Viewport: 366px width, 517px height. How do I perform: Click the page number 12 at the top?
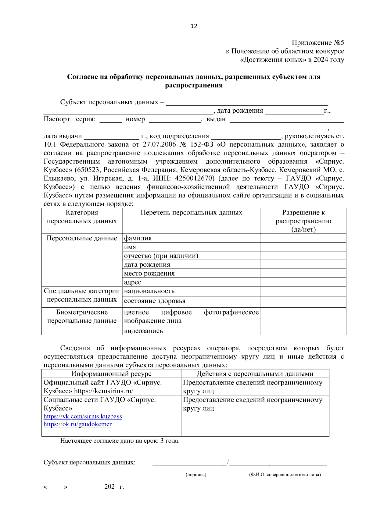pyautogui.click(x=194, y=26)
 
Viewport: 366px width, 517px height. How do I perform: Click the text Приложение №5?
pyautogui.click(x=318, y=43)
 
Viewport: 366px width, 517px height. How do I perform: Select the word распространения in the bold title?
pyautogui.click(x=194, y=85)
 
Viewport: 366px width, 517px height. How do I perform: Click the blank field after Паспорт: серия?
pyautogui.click(x=110, y=120)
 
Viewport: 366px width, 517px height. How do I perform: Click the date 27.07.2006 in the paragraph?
pyautogui.click(x=159, y=144)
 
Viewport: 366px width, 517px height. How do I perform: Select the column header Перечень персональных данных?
pyautogui.click(x=191, y=213)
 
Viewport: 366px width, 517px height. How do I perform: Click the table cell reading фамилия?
pyautogui.click(x=138, y=238)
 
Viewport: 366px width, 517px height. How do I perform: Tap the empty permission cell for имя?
pyautogui.click(x=303, y=247)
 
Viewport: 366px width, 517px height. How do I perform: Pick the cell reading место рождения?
pyautogui.click(x=149, y=273)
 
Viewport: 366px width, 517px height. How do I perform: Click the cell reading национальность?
pyautogui.click(x=149, y=291)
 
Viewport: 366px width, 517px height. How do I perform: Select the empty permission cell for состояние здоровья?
pyautogui.click(x=303, y=302)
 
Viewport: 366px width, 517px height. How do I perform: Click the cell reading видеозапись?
pyautogui.click(x=143, y=331)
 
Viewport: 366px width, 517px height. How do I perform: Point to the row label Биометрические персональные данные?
pyautogui.click(x=82, y=317)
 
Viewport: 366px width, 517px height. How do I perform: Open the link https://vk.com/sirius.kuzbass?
pyautogui.click(x=83, y=416)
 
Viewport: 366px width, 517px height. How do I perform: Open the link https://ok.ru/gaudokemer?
pyautogui.click(x=77, y=424)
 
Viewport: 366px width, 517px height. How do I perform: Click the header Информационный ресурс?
pyautogui.click(x=111, y=374)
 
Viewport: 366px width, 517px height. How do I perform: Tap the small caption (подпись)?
pyautogui.click(x=196, y=475)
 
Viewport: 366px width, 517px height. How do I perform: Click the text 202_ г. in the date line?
pyautogui.click(x=114, y=487)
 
